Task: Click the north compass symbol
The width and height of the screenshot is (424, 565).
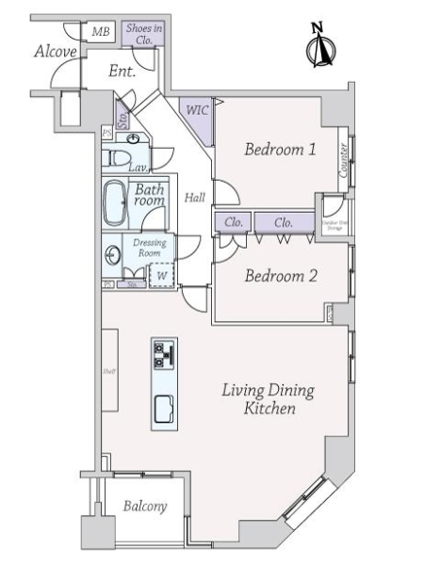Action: [321, 47]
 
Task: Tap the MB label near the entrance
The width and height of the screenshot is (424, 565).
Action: [99, 33]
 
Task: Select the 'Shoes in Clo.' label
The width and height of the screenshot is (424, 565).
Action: [143, 35]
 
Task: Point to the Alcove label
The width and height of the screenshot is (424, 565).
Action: [55, 52]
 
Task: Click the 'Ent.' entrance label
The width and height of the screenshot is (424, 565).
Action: [122, 71]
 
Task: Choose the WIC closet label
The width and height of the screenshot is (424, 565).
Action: [197, 110]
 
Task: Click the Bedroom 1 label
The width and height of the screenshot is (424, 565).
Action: [280, 149]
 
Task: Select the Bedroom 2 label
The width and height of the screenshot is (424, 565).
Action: [280, 276]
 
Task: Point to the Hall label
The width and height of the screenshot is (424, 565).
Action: [195, 198]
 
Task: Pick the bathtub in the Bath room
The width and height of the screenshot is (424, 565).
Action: [116, 202]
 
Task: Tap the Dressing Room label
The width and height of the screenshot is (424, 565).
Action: [150, 248]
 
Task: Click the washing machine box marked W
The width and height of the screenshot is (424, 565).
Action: [161, 276]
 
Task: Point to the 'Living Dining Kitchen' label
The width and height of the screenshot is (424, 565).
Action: [269, 399]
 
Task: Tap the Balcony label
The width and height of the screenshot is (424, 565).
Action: [145, 507]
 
